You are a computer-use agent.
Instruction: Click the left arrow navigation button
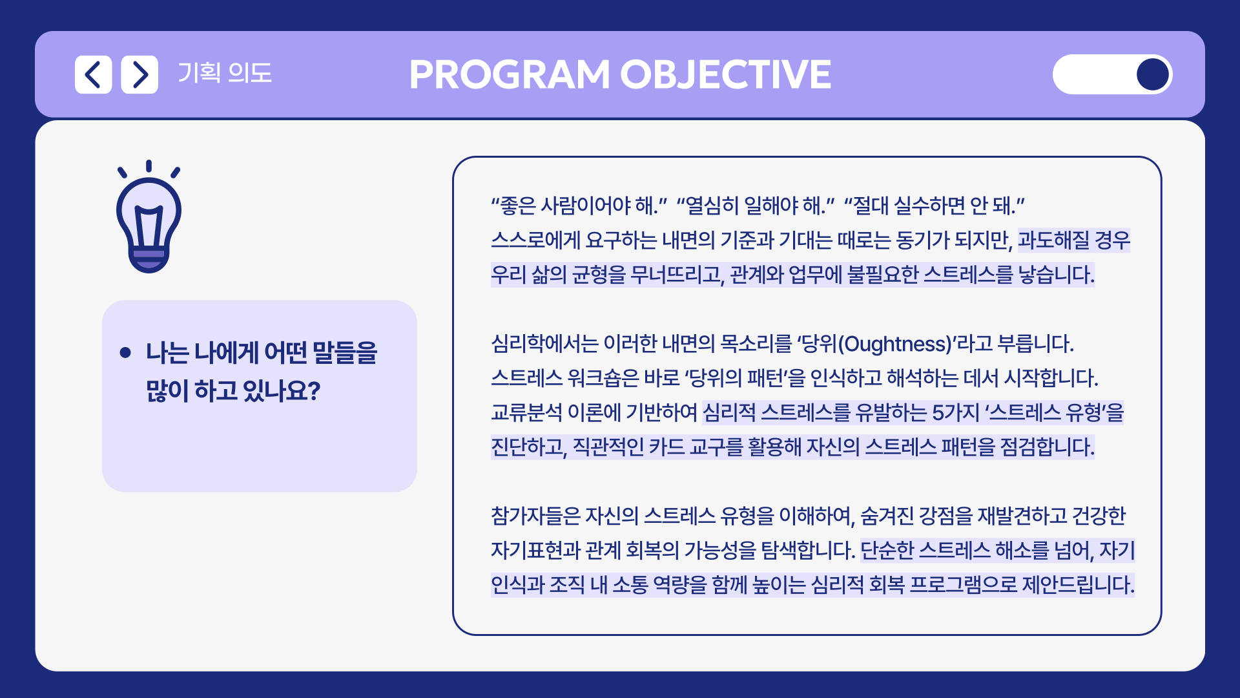pos(93,74)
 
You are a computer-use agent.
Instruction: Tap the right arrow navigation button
pos(139,74)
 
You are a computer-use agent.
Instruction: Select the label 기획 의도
pos(225,73)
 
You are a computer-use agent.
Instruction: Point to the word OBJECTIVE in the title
pos(726,74)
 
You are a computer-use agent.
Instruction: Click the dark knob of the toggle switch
pos(1152,74)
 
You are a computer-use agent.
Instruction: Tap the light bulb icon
pos(149,217)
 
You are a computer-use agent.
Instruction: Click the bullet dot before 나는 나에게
pos(125,352)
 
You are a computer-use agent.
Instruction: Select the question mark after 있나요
pos(314,390)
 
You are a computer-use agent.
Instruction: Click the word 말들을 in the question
pos(345,353)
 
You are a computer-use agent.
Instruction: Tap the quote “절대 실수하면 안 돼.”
pos(935,206)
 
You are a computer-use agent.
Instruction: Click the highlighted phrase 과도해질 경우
pos(1074,240)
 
